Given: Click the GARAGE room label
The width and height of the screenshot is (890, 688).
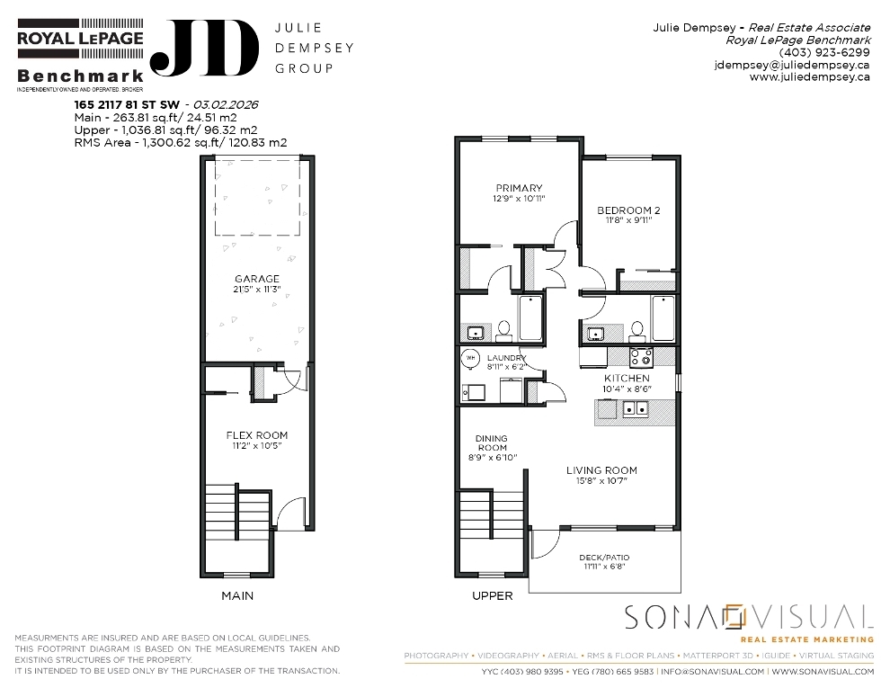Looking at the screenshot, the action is point(257,279).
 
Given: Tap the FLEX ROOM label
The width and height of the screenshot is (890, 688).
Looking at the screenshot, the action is point(257,435).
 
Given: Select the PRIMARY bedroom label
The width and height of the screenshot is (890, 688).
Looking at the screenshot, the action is point(520,188).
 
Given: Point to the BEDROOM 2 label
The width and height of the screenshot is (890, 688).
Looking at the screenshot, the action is point(628,210).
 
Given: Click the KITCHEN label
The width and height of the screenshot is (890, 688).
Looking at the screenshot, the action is point(627,378).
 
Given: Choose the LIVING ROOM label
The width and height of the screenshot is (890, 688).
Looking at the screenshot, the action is point(601,470).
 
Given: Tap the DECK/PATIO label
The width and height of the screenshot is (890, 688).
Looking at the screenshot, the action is point(604,558).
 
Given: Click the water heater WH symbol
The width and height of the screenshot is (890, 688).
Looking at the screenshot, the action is point(470,358).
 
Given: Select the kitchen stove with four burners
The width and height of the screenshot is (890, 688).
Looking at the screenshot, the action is point(641,356).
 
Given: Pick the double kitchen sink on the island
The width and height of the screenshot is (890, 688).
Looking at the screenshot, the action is point(636,408).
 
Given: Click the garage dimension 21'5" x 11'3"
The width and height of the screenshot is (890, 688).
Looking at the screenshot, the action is point(257,290).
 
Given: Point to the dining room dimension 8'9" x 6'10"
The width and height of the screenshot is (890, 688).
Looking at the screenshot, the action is point(493,458).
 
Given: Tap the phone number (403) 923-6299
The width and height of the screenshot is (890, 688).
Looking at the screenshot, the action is point(824,52).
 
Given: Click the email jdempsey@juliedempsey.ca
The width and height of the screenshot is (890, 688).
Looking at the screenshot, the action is point(792,65).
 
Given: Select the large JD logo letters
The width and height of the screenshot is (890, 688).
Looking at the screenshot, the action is point(204,49).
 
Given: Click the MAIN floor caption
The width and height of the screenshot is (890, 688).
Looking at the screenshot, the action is point(237,595).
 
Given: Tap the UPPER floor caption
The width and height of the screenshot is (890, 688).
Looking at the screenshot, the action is point(493,595).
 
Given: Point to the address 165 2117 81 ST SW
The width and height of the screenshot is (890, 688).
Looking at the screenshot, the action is point(127,105).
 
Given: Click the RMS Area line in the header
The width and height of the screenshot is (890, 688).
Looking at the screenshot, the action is point(181,143).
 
